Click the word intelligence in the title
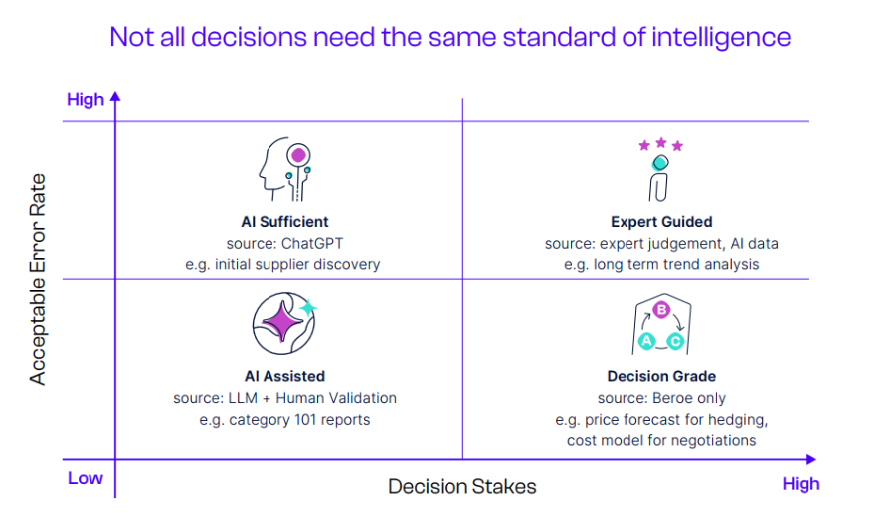pyautogui.click(x=721, y=38)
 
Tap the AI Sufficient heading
pyautogui.click(x=284, y=222)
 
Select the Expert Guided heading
pyautogui.click(x=661, y=222)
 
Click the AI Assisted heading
pyautogui.click(x=284, y=376)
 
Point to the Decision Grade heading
pyautogui.click(x=661, y=376)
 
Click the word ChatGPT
pyautogui.click(x=312, y=244)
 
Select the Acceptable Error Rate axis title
pyautogui.click(x=37, y=278)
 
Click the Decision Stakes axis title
pyautogui.click(x=461, y=487)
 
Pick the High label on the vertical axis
pyautogui.click(x=86, y=100)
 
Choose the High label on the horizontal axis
pyautogui.click(x=801, y=484)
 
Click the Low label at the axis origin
pyautogui.click(x=86, y=478)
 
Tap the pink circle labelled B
pyautogui.click(x=661, y=310)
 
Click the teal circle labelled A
pyautogui.click(x=646, y=341)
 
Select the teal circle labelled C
pyautogui.click(x=675, y=341)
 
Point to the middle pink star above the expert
pyautogui.click(x=661, y=142)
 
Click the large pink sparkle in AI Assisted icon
pyautogui.click(x=281, y=321)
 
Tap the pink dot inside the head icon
pyautogui.click(x=298, y=155)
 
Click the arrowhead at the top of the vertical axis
pyautogui.click(x=115, y=96)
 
